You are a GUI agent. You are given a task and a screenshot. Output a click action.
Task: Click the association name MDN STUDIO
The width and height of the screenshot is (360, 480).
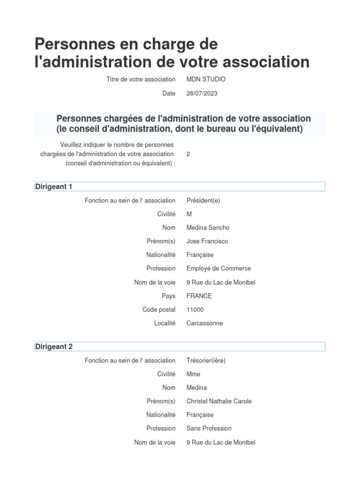[206, 79]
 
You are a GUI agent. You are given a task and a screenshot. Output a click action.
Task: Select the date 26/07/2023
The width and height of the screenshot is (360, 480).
[202, 93]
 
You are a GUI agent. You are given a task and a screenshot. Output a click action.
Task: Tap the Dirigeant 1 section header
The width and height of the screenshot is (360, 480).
[54, 187]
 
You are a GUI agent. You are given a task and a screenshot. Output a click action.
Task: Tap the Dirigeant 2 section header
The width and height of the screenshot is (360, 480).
[54, 346]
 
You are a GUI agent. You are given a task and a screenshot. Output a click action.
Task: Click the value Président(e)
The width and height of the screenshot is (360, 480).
[203, 200]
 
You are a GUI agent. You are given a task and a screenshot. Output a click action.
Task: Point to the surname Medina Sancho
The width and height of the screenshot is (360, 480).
[208, 227]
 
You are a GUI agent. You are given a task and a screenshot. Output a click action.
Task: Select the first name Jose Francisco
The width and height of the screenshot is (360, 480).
[207, 241]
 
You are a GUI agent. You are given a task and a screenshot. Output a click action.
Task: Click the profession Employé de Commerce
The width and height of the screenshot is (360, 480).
[218, 268]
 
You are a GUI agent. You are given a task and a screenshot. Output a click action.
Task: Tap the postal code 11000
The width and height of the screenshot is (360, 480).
[195, 309]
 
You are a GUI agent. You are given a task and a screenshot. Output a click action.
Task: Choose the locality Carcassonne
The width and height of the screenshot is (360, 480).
[204, 323]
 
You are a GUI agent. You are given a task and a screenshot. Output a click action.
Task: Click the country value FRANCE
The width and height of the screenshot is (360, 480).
[199, 296]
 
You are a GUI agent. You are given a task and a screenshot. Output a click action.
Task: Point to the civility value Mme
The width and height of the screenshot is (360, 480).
[193, 374]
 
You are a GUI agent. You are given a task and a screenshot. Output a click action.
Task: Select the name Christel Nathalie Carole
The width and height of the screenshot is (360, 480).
[219, 401]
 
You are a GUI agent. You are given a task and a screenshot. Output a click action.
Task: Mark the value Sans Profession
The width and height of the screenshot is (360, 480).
[209, 428]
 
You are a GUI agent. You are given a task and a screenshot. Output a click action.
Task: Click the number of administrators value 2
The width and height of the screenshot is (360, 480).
[188, 154]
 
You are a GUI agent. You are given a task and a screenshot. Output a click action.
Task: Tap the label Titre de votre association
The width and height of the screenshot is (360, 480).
[141, 79]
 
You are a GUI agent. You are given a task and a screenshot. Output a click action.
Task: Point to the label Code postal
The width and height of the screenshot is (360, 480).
[159, 309]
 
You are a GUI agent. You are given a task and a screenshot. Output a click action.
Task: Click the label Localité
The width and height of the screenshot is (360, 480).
[165, 323]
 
